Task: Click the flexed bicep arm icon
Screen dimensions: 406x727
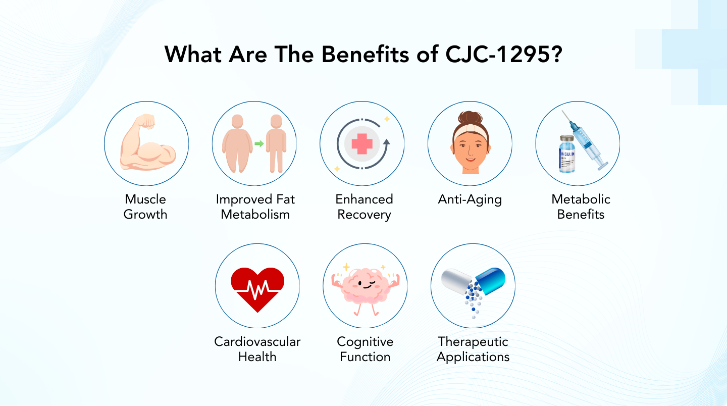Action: (x=146, y=143)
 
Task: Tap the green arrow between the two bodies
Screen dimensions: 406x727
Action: (x=258, y=143)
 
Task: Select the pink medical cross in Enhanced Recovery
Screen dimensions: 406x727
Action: (x=361, y=143)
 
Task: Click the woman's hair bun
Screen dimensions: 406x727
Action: (x=470, y=117)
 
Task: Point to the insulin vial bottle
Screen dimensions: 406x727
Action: (x=567, y=155)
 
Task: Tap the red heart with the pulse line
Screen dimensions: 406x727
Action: (x=257, y=288)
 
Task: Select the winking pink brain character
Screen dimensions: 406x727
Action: (x=365, y=285)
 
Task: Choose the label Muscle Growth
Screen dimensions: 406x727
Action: (x=145, y=207)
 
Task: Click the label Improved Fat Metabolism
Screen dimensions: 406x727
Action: (x=255, y=207)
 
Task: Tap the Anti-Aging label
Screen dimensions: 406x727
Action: (x=470, y=199)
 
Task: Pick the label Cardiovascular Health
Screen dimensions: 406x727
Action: (x=257, y=349)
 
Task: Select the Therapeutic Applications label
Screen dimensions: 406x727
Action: (x=473, y=349)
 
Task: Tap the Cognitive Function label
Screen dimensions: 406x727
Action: (x=365, y=349)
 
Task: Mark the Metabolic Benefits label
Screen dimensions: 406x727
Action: (x=581, y=207)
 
